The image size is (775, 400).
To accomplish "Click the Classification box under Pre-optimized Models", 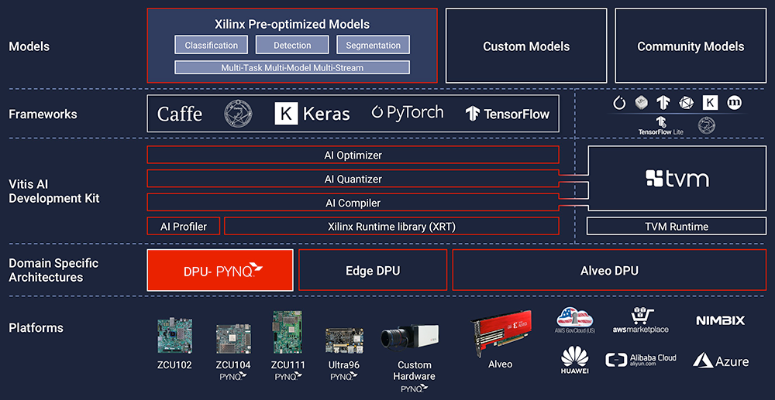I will coord(212,46).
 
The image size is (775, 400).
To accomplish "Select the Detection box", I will coord(292,46).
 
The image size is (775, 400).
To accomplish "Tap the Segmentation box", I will coord(373,46).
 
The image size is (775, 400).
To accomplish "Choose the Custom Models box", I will coord(526,46).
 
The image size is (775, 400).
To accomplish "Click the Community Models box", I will coord(691,46).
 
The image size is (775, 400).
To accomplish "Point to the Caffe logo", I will coord(180,114).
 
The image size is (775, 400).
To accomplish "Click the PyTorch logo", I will coord(407,113).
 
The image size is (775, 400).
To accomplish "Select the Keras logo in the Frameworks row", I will coord(312,114).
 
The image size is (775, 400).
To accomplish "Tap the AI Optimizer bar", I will coord(353,155).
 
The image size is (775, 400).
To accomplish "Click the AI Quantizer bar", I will coord(353,179).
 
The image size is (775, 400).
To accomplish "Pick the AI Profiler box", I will coord(184,226).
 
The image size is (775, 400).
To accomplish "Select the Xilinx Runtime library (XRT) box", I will coord(391,226).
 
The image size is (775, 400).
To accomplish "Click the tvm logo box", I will coord(677,179).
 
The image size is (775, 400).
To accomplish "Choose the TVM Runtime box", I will coord(677,226).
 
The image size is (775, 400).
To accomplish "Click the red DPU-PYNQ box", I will coord(220,270).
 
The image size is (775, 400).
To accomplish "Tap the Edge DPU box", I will coord(373,270).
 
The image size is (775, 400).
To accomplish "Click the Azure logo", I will coord(721,361).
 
